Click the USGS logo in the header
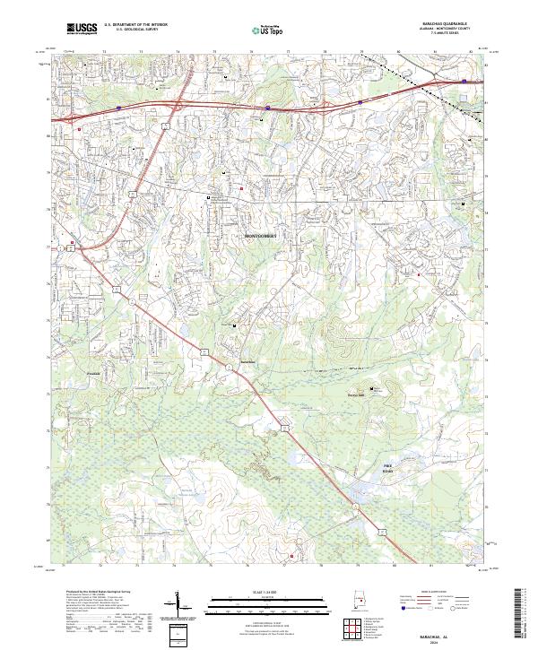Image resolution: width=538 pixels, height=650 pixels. [x=82, y=30]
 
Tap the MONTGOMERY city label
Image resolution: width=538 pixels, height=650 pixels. [x=261, y=236]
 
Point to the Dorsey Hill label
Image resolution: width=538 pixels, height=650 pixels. [x=358, y=390]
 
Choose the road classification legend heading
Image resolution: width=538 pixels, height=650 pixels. [x=432, y=593]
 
